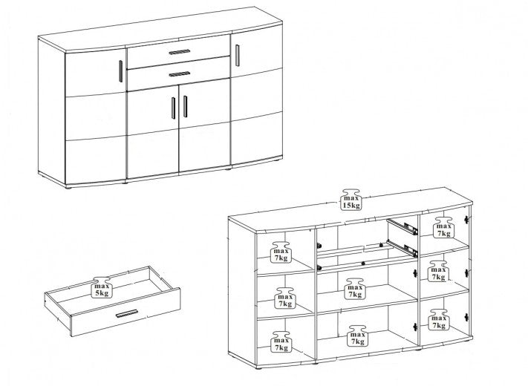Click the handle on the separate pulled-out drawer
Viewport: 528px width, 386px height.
click(x=126, y=313)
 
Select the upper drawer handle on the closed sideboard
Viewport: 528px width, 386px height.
click(x=180, y=52)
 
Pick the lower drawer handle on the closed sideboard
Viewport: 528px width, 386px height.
click(x=180, y=74)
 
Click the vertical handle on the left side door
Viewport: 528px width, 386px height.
click(x=120, y=71)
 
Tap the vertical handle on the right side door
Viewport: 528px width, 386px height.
click(x=238, y=55)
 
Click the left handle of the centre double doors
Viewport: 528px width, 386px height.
click(x=174, y=108)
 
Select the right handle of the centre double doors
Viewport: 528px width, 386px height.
click(x=185, y=106)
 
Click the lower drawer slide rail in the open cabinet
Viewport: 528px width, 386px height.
click(x=402, y=248)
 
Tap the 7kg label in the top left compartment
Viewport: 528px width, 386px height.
click(x=281, y=252)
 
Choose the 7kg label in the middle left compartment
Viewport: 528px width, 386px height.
click(x=285, y=298)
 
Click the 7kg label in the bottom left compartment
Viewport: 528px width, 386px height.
click(x=281, y=341)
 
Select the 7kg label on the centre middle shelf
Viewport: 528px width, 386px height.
click(x=355, y=289)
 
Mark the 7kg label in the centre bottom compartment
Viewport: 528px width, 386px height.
click(x=357, y=336)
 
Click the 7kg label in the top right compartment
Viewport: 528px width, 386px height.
click(x=444, y=227)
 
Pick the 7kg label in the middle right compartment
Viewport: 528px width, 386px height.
click(x=438, y=271)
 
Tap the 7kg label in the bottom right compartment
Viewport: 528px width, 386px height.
click(x=439, y=320)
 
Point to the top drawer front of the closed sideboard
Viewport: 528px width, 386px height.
click(x=178, y=51)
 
